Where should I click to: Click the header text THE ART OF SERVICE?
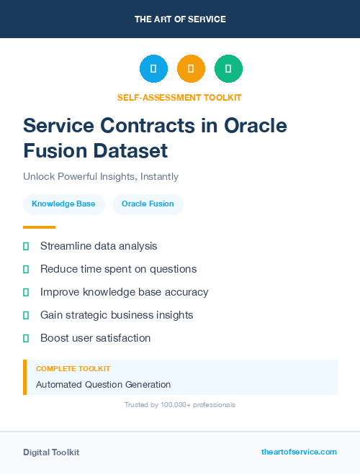tap(180, 19)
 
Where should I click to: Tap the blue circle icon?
tap(153, 69)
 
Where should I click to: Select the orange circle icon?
tap(191, 69)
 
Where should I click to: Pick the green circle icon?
tap(228, 69)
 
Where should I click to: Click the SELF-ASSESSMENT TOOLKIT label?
tap(179, 97)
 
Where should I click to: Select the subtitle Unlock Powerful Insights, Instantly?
tap(101, 176)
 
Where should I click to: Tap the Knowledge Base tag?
tap(63, 204)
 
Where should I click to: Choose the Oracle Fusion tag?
tap(148, 204)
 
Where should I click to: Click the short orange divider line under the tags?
tap(39, 227)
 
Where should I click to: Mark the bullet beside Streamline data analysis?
tap(26, 247)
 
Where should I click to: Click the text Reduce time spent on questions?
tap(118, 269)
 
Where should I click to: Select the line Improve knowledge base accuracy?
tap(124, 292)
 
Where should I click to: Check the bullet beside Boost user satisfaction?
tap(26, 338)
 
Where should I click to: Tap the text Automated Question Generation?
tap(103, 384)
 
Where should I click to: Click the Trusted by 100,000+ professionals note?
tap(180, 405)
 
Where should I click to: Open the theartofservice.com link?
tap(299, 452)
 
